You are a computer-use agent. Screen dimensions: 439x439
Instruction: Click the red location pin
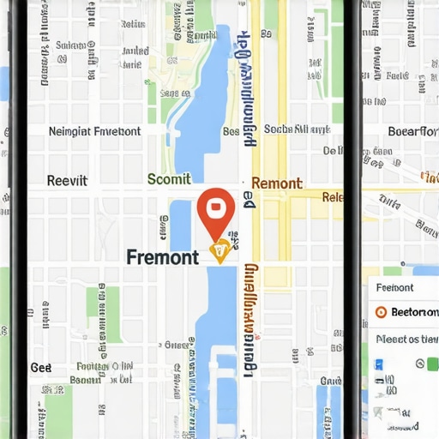coord(216,208)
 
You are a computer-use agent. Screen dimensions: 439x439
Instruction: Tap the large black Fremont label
coord(162,256)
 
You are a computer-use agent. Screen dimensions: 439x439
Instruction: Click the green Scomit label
coord(169,180)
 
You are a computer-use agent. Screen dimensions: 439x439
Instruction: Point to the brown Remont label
coord(276,183)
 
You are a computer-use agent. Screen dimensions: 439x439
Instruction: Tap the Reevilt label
coord(67,181)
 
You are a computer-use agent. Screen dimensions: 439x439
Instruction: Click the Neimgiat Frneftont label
coord(94,131)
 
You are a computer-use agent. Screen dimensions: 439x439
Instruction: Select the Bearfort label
coord(412,131)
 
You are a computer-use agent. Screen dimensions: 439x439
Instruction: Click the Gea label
coord(41,367)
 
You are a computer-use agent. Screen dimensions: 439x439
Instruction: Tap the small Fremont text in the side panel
coord(394,288)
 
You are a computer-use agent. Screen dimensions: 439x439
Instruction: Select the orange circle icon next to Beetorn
coord(382,312)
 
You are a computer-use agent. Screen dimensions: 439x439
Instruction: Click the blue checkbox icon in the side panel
coord(379,364)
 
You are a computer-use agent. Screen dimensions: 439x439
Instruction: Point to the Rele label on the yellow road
coord(333,197)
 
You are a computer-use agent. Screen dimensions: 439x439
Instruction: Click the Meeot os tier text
coord(407,339)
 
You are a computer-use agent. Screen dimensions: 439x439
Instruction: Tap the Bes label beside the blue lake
coord(231,131)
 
